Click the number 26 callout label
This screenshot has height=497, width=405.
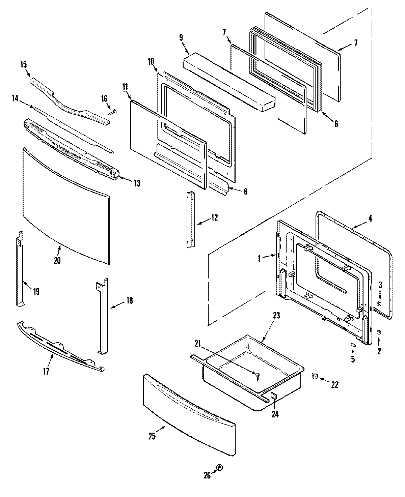tap(207, 475)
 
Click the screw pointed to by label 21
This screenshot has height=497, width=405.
tap(258, 375)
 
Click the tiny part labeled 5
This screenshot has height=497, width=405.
tap(353, 345)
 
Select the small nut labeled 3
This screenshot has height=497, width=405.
tap(379, 304)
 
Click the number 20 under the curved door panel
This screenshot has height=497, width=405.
tap(57, 260)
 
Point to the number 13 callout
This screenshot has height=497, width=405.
tap(136, 183)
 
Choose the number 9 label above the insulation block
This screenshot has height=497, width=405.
tap(181, 37)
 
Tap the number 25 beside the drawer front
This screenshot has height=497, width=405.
tap(152, 436)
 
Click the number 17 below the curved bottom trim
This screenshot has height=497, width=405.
tap(46, 371)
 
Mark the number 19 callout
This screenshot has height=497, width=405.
tap(36, 291)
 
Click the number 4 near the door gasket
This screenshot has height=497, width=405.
tap(370, 218)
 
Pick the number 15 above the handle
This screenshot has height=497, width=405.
tap(24, 64)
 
